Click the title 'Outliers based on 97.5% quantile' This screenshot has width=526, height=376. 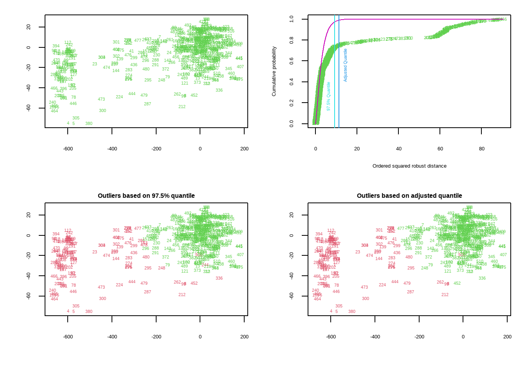point(146,195)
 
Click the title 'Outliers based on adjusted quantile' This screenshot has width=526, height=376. point(409,195)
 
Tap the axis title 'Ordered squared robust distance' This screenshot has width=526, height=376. point(409,166)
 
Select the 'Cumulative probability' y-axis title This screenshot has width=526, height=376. point(274,71)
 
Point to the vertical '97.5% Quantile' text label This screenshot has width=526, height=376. point(329,96)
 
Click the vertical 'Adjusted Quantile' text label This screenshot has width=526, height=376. point(346,65)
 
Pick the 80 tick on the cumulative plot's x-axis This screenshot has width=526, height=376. point(482,149)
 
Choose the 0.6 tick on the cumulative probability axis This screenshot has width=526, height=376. point(292,61)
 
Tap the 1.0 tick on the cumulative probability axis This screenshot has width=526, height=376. point(292,19)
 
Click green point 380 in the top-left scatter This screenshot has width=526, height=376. point(89,123)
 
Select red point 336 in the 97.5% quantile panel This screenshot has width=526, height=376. point(219,278)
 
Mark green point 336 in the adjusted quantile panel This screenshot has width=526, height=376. point(482,278)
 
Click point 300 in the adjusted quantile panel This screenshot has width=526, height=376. point(366,298)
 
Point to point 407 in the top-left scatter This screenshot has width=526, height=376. point(240,67)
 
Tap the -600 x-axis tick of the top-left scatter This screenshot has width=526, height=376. point(68,149)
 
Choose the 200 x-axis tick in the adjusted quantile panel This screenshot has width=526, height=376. point(507,337)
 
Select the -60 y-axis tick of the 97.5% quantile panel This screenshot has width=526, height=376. point(29,296)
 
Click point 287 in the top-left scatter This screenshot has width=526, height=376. point(148,104)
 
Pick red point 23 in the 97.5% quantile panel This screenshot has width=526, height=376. point(95,252)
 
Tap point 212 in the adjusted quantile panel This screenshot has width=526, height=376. point(445,295)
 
